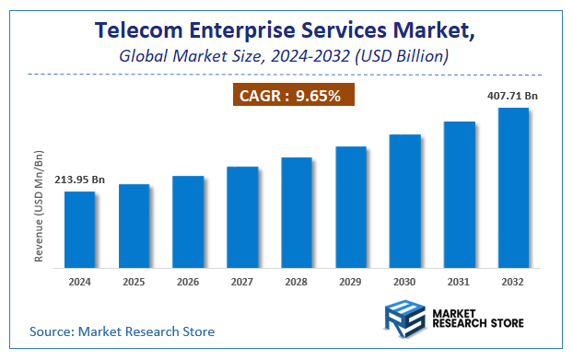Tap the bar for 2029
pyautogui.click(x=351, y=207)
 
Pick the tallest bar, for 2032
pyautogui.click(x=513, y=188)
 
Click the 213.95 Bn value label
pyautogui.click(x=79, y=180)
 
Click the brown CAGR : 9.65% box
pyautogui.click(x=291, y=95)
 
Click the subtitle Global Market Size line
pyautogui.click(x=285, y=56)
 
